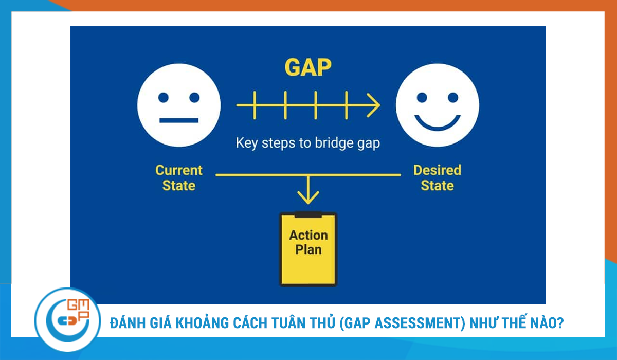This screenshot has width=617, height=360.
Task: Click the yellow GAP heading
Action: point(308,67)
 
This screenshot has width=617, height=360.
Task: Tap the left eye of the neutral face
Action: point(164,98)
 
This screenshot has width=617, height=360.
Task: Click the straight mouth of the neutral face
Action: point(179,120)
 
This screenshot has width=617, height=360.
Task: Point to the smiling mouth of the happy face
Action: point(438,122)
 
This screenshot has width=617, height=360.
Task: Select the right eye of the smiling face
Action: point(453,98)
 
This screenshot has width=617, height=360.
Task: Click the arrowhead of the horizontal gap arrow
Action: point(374,105)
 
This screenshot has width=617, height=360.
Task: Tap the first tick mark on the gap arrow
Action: point(255,105)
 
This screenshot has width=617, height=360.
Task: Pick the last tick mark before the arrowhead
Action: point(346,105)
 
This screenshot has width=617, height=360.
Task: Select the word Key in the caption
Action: point(246,143)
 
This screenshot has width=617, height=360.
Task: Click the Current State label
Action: point(179,177)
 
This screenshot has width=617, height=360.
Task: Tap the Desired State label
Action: point(437,177)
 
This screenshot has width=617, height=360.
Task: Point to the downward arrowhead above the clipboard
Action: point(308,197)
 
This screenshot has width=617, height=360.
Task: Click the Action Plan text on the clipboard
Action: point(308,242)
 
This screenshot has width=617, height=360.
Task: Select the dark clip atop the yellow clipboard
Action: point(308,214)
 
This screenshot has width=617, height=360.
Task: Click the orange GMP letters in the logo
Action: point(78,310)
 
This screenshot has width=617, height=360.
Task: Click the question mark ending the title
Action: point(560,323)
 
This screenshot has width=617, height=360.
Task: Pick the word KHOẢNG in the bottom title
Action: point(202,322)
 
